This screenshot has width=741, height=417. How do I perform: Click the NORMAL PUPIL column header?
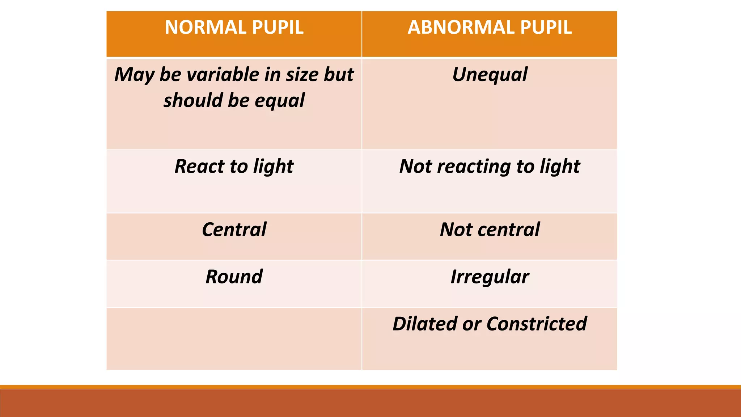pyautogui.click(x=234, y=28)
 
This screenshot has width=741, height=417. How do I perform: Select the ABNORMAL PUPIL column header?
pyautogui.click(x=490, y=28)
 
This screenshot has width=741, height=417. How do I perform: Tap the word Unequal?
pyautogui.click(x=490, y=75)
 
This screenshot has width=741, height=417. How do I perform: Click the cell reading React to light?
pyautogui.click(x=234, y=167)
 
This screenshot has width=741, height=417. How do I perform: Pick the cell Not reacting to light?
pyautogui.click(x=490, y=167)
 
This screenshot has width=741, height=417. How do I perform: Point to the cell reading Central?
pyautogui.click(x=234, y=229)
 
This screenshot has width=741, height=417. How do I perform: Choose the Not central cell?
pyautogui.click(x=490, y=229)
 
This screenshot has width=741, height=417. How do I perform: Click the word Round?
pyautogui.click(x=234, y=277)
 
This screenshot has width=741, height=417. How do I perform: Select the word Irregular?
pyautogui.click(x=490, y=277)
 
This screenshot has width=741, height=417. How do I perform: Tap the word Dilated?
pyautogui.click(x=425, y=324)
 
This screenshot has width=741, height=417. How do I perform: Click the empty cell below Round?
pyautogui.click(x=234, y=339)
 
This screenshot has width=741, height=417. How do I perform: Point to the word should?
pyautogui.click(x=193, y=100)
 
